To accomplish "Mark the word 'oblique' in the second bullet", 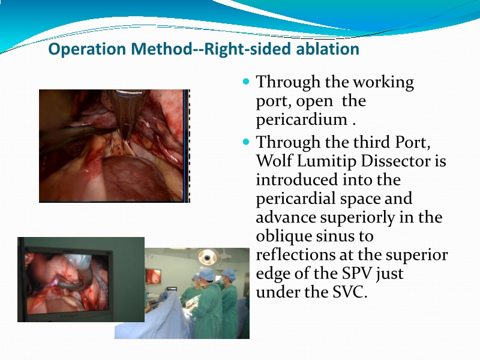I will click(x=286, y=236).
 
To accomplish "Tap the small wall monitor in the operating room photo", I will click(x=153, y=276).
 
